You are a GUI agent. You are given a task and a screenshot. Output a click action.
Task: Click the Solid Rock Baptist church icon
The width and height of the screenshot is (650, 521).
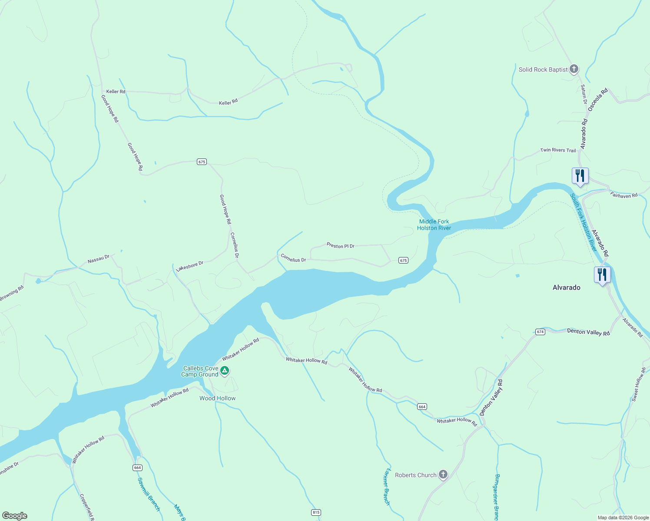(x=574, y=69)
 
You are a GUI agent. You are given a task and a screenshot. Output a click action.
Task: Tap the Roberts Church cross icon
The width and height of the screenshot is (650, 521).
(x=443, y=475)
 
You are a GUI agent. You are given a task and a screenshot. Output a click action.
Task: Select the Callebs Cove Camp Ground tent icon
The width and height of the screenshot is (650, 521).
(x=225, y=371)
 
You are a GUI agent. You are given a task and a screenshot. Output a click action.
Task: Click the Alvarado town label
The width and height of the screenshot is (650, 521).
(x=566, y=287)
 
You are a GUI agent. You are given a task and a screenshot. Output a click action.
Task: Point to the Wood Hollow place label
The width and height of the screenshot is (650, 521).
(x=217, y=398)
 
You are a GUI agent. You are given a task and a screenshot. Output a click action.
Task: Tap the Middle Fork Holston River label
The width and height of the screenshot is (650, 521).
(x=434, y=224)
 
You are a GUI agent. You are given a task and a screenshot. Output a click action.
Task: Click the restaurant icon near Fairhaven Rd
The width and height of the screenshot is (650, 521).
(x=580, y=176)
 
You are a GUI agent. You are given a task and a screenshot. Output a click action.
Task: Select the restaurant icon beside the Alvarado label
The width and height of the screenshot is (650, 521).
(x=602, y=275)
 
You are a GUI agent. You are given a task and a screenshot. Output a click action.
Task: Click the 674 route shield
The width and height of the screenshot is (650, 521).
(x=540, y=332)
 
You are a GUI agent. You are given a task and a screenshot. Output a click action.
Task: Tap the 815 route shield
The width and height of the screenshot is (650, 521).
(x=316, y=512)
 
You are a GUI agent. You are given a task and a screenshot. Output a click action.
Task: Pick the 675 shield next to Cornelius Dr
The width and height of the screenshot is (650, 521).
(x=403, y=260)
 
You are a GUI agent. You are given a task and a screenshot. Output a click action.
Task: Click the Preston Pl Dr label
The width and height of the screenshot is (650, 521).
(x=341, y=246)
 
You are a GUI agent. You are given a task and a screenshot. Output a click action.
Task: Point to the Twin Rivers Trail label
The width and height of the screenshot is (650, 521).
(x=558, y=150)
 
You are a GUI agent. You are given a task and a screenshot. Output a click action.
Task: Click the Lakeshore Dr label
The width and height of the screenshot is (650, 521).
(x=189, y=266)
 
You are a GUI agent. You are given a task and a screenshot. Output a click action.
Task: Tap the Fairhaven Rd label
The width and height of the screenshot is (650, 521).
(x=623, y=195)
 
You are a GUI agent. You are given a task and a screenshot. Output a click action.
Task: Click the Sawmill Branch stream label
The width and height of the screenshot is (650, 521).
(x=149, y=494)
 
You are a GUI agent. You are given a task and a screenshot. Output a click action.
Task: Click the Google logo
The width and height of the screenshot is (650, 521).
(x=15, y=516)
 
